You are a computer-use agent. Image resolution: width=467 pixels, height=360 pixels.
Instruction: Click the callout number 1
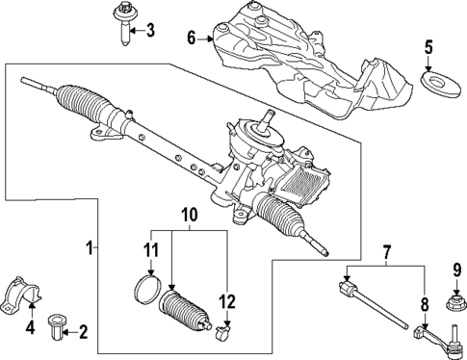[90, 248]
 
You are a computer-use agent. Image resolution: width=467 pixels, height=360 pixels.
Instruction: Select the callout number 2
[82, 334]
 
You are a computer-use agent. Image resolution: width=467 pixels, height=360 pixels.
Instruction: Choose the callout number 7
[387, 255]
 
